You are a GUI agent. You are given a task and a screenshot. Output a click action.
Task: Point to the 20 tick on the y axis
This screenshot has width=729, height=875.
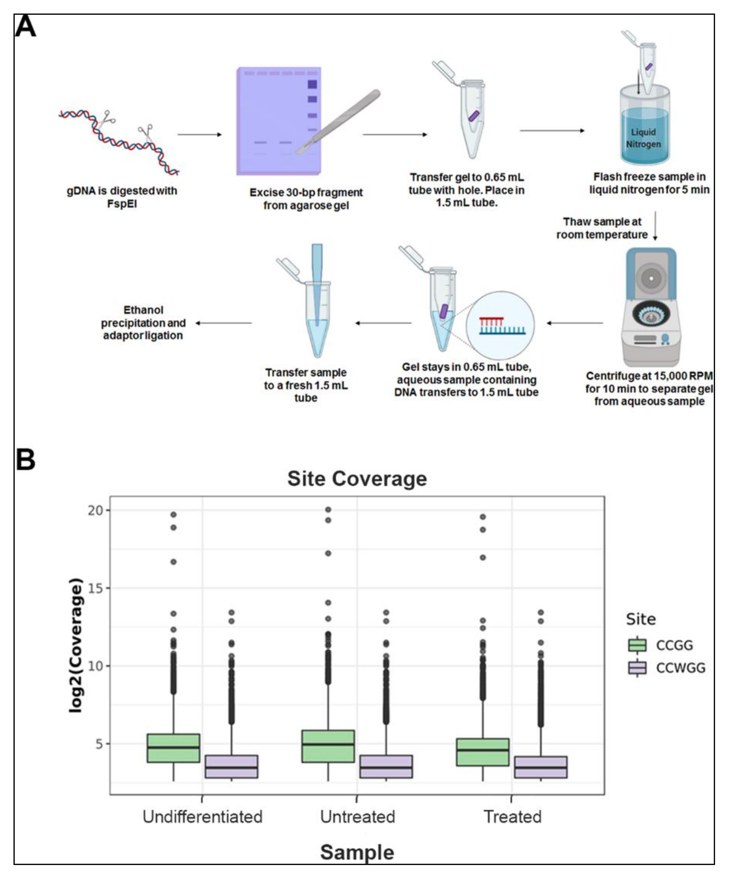click(95, 510)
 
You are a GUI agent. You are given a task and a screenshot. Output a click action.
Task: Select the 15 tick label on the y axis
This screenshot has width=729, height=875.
click(95, 588)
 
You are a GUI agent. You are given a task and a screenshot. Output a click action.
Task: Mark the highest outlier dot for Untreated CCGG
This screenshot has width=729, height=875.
click(328, 510)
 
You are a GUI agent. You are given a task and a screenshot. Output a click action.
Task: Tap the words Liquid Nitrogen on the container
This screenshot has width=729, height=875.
click(643, 138)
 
